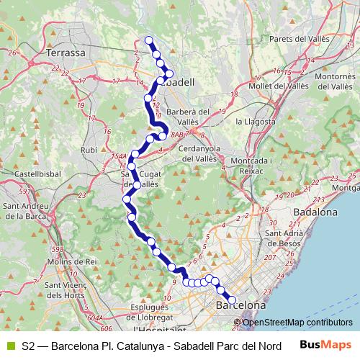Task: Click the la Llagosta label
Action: click(256, 122)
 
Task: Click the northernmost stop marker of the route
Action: click(149, 40)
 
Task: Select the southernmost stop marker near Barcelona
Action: click(232, 300)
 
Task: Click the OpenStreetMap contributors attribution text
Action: click(297, 323)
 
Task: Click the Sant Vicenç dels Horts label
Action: click(61, 290)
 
